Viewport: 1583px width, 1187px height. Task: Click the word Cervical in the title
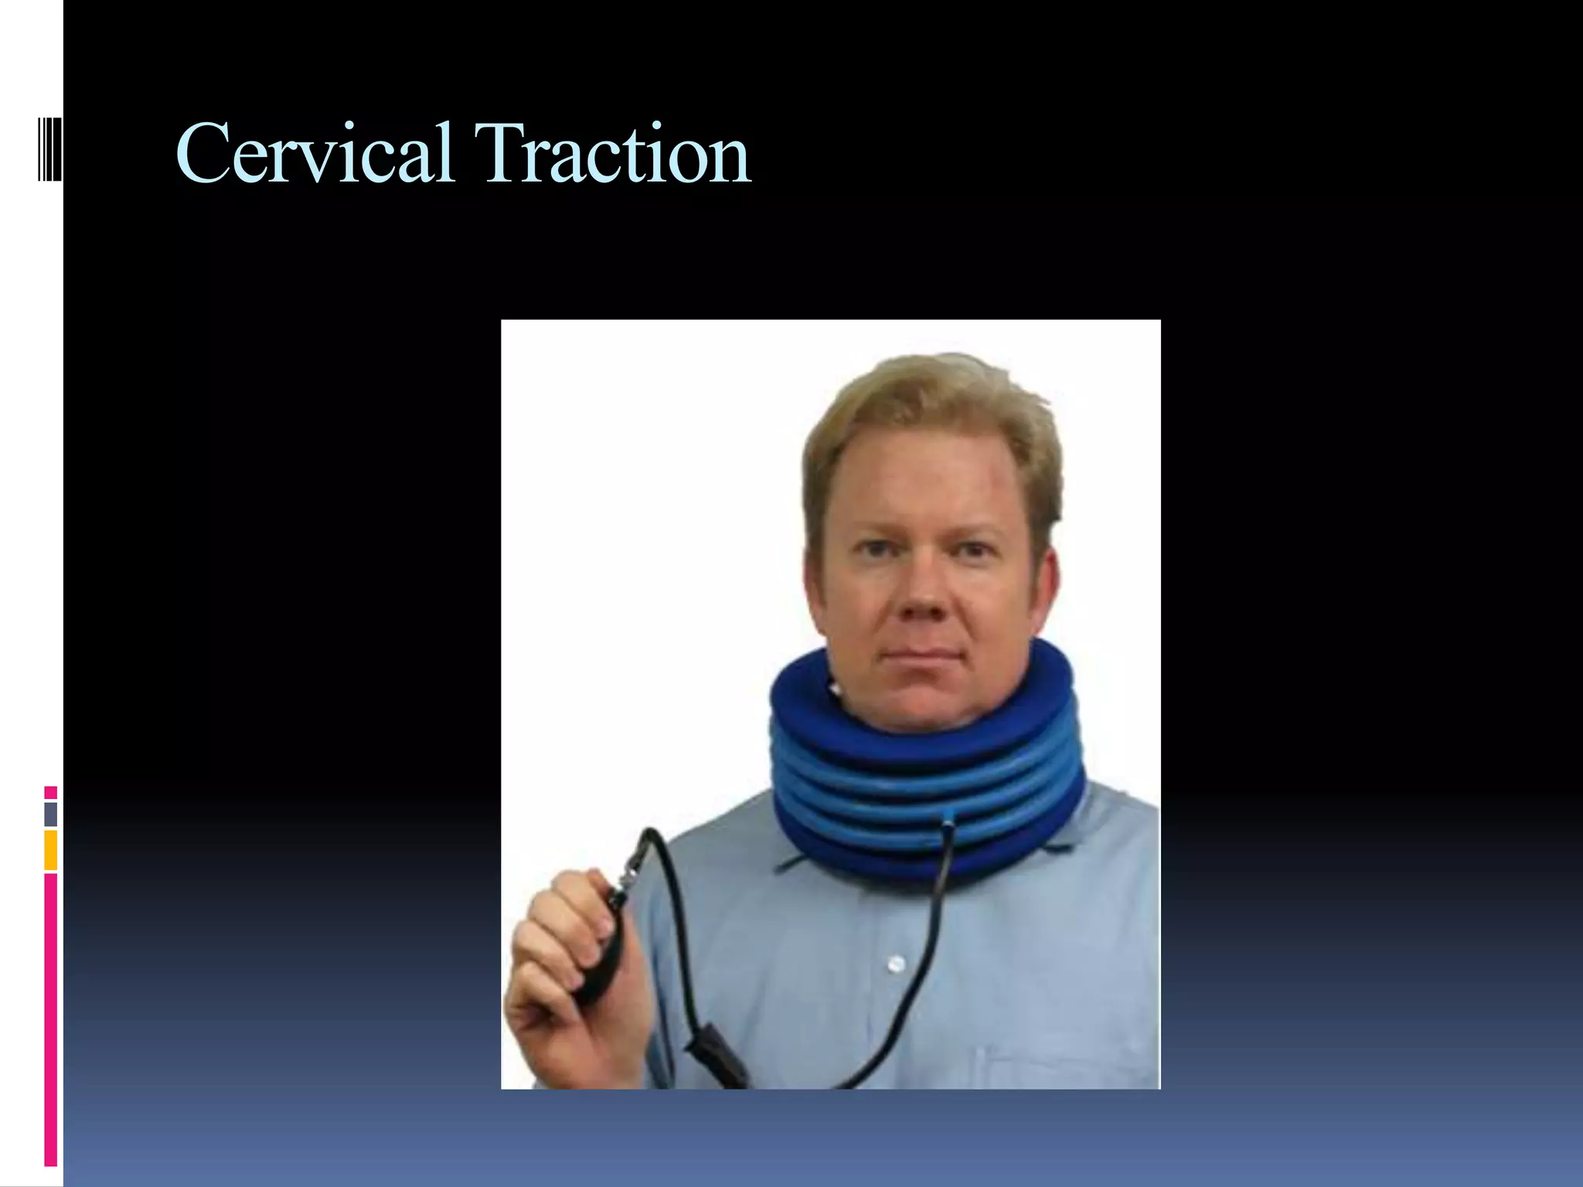314,155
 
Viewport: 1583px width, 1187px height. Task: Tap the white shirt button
896,964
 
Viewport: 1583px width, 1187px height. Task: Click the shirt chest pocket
1067,1066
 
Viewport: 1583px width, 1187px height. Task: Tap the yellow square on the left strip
51,850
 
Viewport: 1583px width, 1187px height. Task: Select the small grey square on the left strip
51,814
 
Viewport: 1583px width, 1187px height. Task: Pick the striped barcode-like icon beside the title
49,148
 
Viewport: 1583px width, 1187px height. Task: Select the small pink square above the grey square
51,792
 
